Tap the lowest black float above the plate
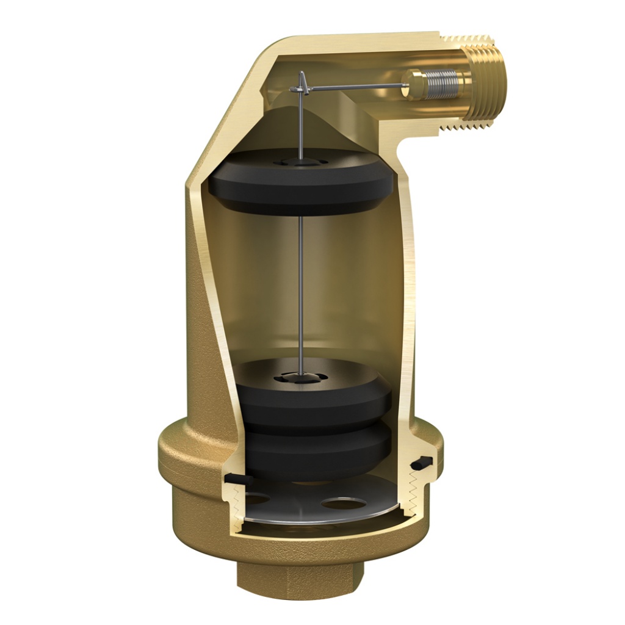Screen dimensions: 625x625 pyautogui.click(x=317, y=452)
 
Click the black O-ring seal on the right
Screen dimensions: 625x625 pyautogui.click(x=422, y=463)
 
